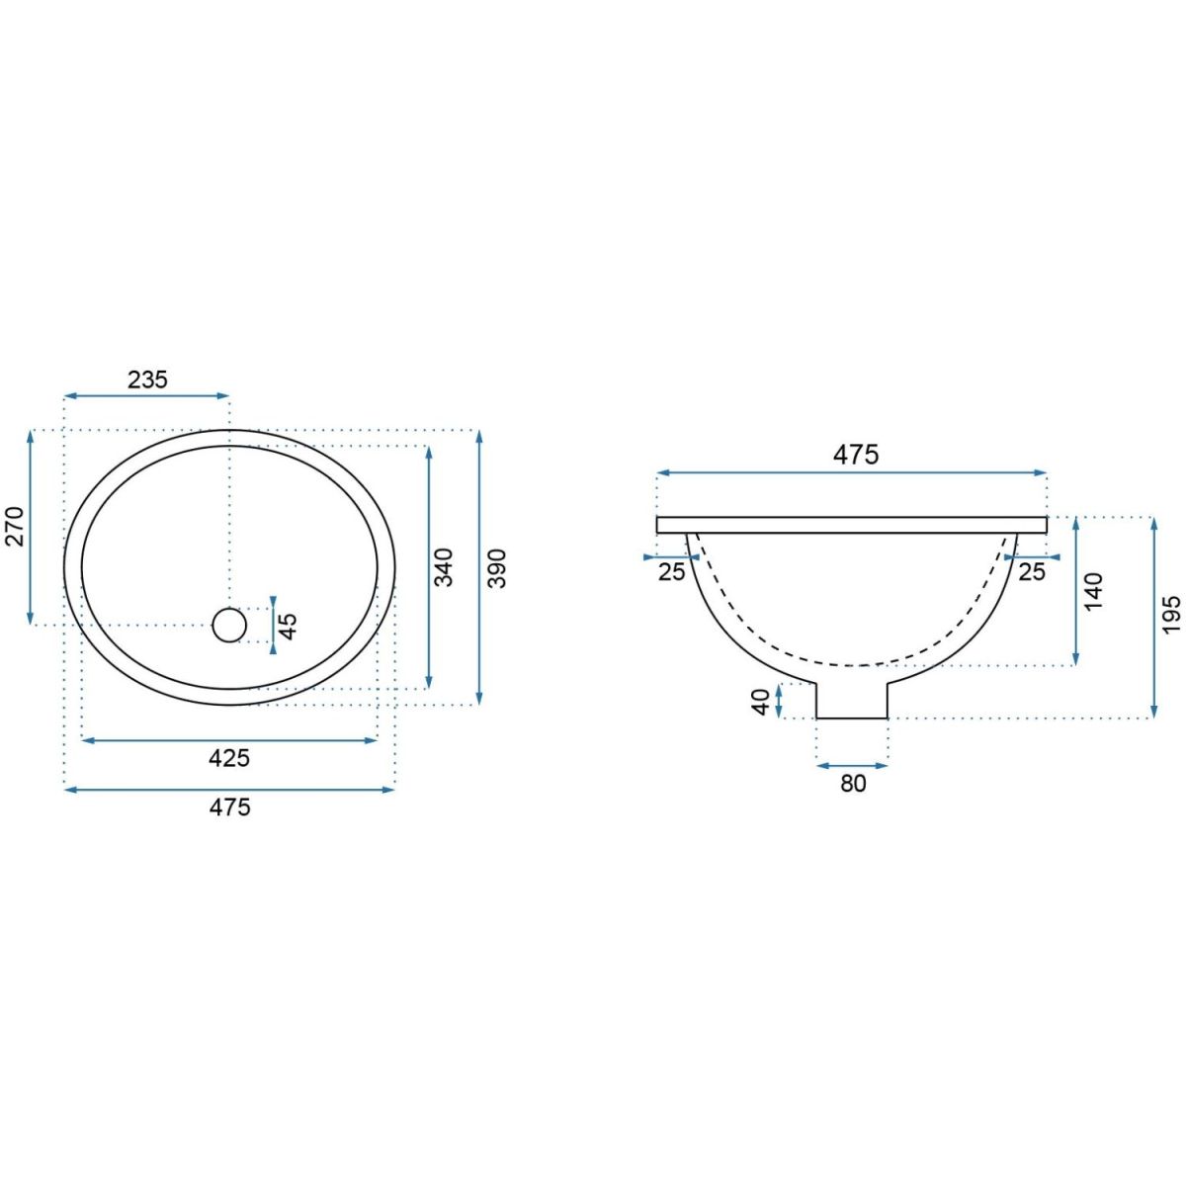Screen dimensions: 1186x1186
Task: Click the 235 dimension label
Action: tap(147, 380)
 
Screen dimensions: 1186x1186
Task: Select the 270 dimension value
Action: tap(14, 526)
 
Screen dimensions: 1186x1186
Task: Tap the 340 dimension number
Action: tap(443, 567)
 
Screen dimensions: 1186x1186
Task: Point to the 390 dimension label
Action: tap(497, 568)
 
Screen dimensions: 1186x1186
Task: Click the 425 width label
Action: tap(229, 758)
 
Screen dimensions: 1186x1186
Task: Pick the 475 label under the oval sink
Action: tap(229, 806)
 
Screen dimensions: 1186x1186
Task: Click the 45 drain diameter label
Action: tap(288, 626)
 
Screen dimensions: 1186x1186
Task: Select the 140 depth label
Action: tap(1094, 591)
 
